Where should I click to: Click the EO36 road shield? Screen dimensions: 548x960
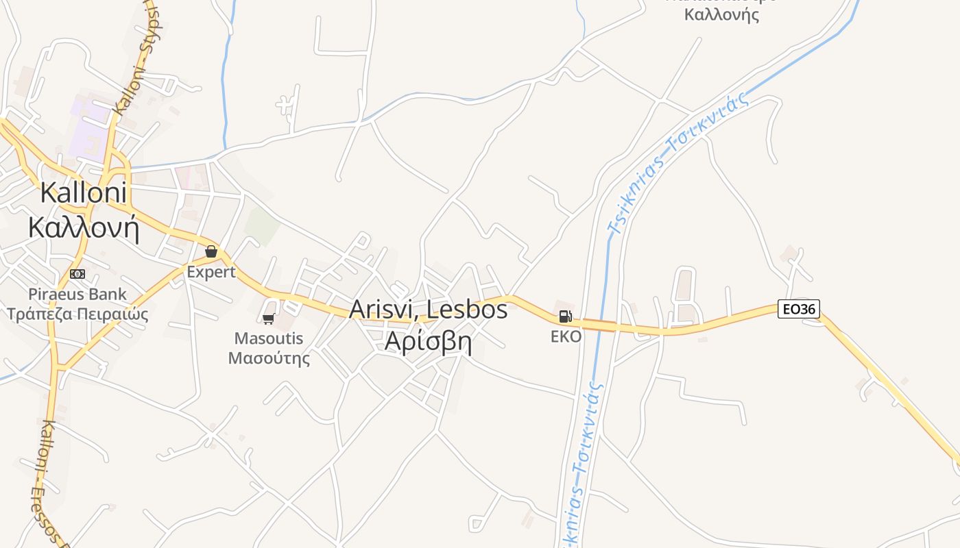click(x=799, y=309)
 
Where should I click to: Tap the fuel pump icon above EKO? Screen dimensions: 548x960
click(x=565, y=316)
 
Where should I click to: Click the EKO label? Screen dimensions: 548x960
click(x=566, y=336)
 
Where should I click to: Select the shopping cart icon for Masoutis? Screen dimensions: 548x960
click(x=269, y=319)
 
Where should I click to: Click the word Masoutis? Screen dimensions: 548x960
click(x=269, y=338)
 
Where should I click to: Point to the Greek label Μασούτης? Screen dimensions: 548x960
click(x=269, y=358)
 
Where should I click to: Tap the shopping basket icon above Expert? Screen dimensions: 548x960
click(x=211, y=251)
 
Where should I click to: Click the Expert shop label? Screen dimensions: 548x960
click(x=211, y=272)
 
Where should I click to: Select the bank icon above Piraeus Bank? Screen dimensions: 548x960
click(x=77, y=274)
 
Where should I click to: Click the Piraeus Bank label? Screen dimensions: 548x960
click(x=77, y=295)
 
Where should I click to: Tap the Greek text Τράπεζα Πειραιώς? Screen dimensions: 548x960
click(x=77, y=314)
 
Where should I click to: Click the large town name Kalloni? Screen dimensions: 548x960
click(x=83, y=192)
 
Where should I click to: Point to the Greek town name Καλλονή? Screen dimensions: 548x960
click(x=84, y=227)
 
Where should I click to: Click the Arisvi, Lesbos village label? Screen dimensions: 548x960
click(x=429, y=309)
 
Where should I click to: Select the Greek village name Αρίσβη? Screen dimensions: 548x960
click(x=429, y=340)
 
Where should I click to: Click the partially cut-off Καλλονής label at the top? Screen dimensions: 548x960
click(x=721, y=14)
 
